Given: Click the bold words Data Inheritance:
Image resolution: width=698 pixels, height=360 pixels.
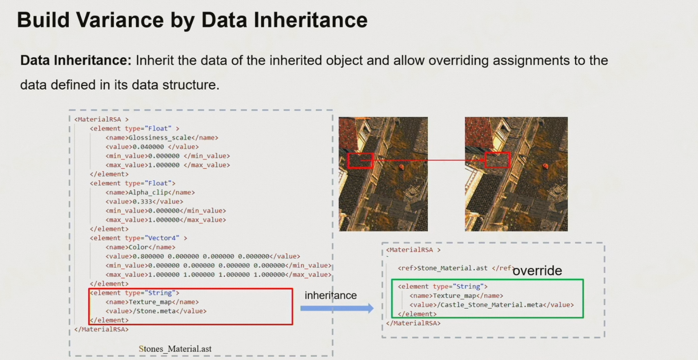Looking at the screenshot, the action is [76, 60].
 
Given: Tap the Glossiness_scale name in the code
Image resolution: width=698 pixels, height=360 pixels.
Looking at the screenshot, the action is [160, 138].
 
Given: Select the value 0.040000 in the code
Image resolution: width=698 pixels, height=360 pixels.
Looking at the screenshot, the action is [149, 147].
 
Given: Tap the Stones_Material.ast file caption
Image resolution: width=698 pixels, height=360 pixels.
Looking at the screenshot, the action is [175, 349].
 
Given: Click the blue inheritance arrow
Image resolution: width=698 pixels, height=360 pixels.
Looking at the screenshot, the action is [337, 308].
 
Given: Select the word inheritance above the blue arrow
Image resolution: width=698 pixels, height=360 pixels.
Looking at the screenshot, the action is [330, 296].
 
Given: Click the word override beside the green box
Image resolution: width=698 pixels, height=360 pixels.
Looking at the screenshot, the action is [537, 270].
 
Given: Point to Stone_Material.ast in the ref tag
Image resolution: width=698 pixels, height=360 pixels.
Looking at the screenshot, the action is [452, 268].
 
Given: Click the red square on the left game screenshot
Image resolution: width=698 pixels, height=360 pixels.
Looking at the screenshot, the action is [360, 161].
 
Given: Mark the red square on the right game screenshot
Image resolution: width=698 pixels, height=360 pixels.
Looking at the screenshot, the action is [497, 160].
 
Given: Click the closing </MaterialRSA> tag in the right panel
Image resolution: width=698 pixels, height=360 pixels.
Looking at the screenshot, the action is [413, 323].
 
